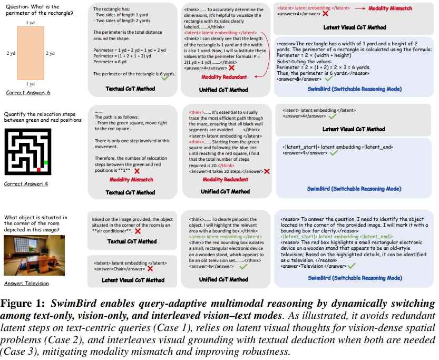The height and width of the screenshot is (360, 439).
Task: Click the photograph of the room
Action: [28, 259]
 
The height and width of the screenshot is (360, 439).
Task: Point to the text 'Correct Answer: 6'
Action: [28, 93]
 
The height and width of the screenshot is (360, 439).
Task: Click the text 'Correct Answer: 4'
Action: [26, 184]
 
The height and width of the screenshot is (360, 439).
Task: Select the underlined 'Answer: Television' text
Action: [26, 283]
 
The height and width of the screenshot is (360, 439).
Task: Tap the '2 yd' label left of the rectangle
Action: [11, 53]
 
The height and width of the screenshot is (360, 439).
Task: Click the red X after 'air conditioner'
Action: [138, 232]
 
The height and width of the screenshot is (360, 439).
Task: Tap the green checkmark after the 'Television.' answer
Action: [352, 266]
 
